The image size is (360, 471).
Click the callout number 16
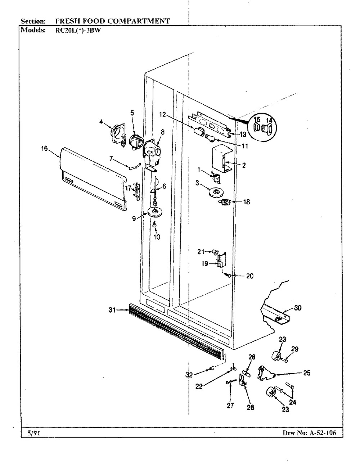[44, 148]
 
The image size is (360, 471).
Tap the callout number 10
[156, 237]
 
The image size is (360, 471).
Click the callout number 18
[247, 202]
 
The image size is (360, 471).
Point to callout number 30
[298, 308]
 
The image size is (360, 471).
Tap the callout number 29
[295, 349]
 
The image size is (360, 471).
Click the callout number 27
[230, 406]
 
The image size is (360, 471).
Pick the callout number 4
[102, 122]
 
